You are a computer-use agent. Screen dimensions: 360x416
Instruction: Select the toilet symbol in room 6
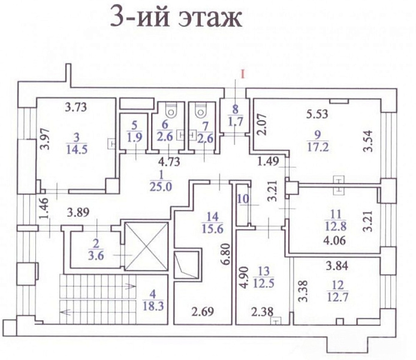click(x=171, y=110)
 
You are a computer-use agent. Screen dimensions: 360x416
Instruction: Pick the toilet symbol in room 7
click(x=200, y=110)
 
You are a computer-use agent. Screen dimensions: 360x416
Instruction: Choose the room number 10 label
click(x=242, y=199)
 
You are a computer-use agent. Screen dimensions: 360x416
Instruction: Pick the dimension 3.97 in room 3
click(x=43, y=139)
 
